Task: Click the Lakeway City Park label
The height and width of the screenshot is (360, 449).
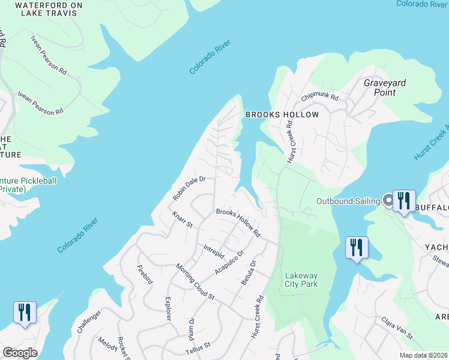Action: (301, 280)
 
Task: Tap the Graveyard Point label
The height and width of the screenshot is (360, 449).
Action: (385, 88)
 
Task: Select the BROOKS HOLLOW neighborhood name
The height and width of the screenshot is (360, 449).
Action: (281, 114)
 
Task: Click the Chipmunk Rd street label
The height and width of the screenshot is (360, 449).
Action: (320, 96)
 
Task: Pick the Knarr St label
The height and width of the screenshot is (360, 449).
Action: (181, 220)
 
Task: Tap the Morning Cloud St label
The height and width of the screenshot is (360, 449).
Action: (195, 282)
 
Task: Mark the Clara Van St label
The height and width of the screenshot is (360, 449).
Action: (396, 328)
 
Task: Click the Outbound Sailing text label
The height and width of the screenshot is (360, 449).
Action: (349, 200)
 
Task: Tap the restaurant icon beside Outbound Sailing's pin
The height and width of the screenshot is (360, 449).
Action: (404, 201)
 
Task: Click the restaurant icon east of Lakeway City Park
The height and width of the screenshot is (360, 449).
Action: (357, 248)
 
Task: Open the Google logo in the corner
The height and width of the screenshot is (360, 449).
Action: (20, 353)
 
